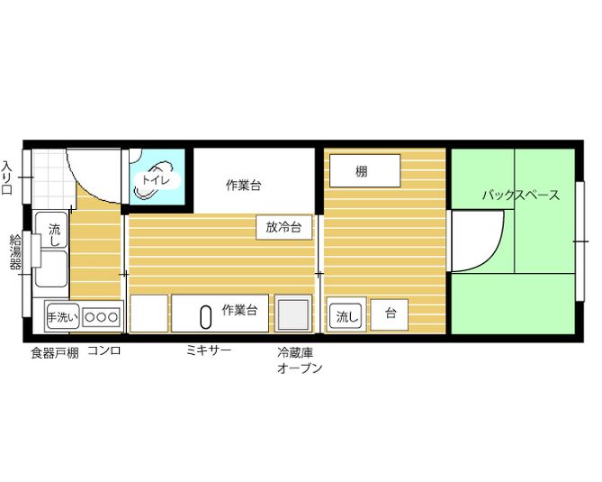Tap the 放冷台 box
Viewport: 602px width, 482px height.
(x=283, y=227)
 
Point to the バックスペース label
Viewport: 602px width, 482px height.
(x=520, y=195)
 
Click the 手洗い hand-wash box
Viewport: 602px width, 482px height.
(x=63, y=316)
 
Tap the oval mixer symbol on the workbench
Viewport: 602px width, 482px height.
(x=205, y=315)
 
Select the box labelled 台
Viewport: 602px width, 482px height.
(x=390, y=314)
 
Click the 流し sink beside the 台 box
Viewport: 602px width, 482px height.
(x=346, y=315)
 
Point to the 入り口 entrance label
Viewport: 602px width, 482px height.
(x=7, y=177)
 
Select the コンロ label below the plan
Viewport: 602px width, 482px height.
(x=103, y=350)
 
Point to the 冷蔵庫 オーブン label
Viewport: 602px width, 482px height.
(x=300, y=360)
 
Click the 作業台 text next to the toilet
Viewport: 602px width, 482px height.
(x=243, y=186)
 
